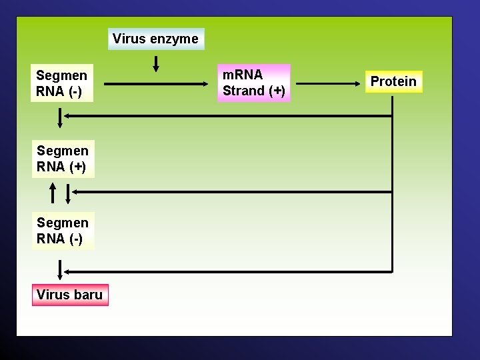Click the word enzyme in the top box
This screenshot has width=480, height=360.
click(x=174, y=39)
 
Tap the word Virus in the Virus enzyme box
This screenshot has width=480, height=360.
click(x=129, y=39)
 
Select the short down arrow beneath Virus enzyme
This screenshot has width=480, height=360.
click(x=156, y=64)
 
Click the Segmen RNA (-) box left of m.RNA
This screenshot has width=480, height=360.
click(x=62, y=83)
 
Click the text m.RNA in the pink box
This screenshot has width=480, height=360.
click(x=243, y=75)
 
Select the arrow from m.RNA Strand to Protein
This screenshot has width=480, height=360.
click(x=325, y=84)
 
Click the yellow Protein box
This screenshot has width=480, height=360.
click(x=393, y=81)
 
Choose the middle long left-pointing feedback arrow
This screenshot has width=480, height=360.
click(x=230, y=192)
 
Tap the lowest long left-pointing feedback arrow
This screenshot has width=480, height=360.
click(x=230, y=271)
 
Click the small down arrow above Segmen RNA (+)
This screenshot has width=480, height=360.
click(x=60, y=118)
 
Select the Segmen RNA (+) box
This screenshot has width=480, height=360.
click(x=62, y=159)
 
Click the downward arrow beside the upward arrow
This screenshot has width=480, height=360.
click(x=68, y=193)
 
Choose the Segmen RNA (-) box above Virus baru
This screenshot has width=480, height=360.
click(x=63, y=231)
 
